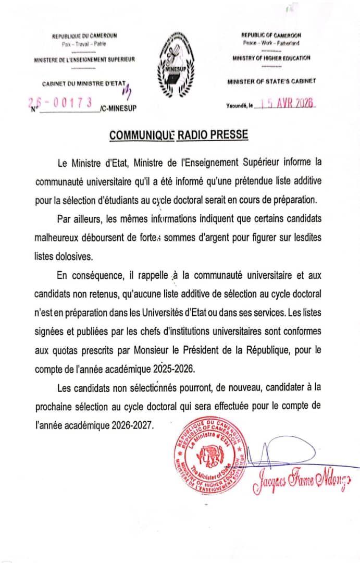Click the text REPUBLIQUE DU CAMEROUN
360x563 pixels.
[84, 35]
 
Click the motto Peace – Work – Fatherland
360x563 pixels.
[271, 43]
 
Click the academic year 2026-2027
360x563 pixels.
[132, 425]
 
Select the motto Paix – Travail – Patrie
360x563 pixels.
[84, 44]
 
